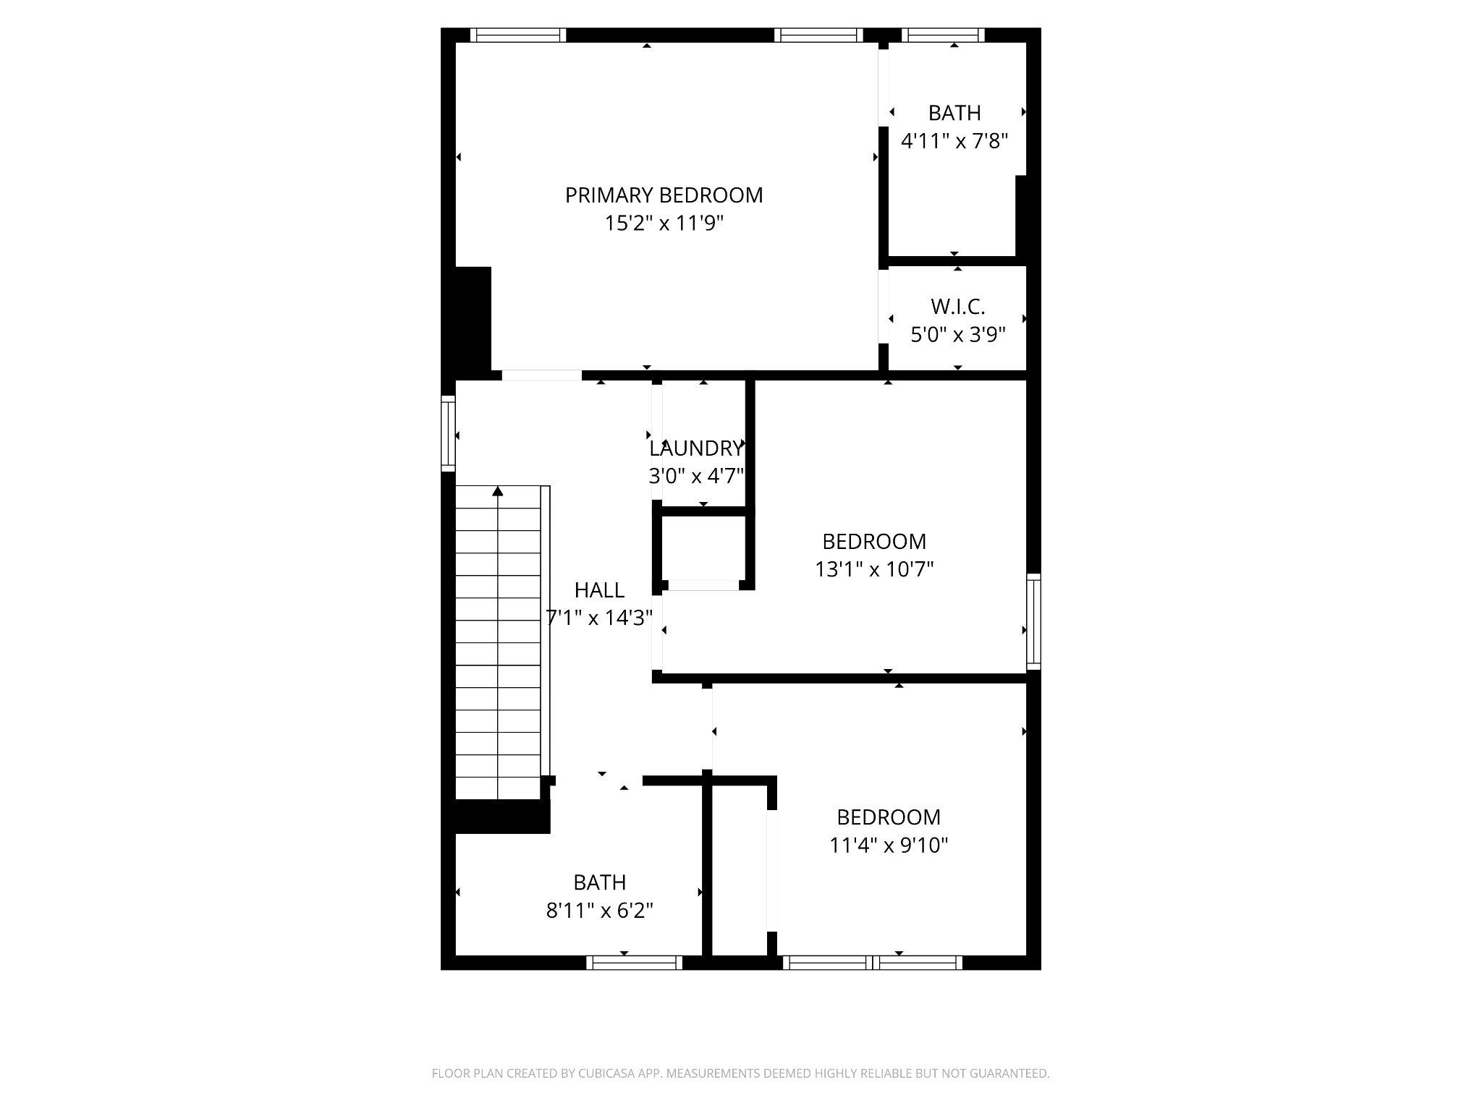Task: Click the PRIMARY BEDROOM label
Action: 664,195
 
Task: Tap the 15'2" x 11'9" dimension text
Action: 664,224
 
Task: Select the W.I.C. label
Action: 957,307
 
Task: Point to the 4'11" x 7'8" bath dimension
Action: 954,140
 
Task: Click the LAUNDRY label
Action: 695,448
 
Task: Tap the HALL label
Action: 599,590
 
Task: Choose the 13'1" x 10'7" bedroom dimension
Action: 874,569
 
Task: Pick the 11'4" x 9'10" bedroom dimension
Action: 889,845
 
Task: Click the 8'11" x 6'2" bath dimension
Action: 599,910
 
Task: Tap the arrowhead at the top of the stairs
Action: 497,492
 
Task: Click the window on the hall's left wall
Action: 449,434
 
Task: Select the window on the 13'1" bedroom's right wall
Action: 1033,621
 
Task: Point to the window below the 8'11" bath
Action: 634,962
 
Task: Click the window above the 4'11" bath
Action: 943,35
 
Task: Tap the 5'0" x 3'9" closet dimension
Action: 957,335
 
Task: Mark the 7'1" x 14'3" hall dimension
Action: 599,618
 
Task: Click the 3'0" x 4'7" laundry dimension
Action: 695,476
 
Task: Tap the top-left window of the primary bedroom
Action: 517,35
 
